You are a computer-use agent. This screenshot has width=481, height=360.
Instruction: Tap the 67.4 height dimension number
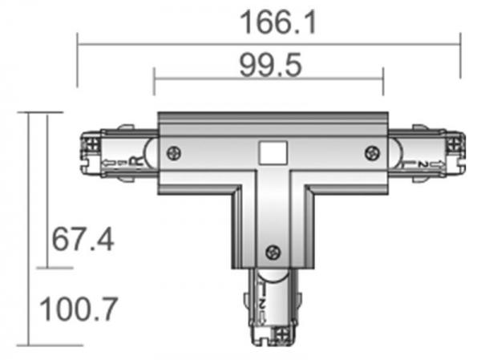coord(83,239)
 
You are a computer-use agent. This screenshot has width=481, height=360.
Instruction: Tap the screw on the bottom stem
coord(273,251)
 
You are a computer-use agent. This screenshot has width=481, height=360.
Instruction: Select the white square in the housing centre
coord(273,152)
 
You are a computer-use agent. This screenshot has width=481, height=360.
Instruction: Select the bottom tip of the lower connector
coord(272,344)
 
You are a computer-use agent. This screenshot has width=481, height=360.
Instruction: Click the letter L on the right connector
coord(413,164)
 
